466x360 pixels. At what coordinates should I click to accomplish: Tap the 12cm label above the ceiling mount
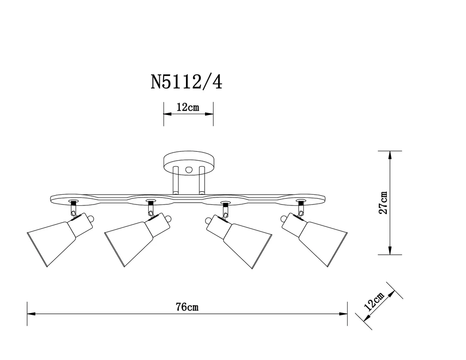[188, 108]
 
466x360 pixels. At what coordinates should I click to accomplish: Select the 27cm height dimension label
[383, 203]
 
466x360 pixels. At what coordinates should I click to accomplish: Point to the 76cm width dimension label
[187, 307]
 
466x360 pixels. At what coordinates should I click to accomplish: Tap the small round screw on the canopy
[189, 170]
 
